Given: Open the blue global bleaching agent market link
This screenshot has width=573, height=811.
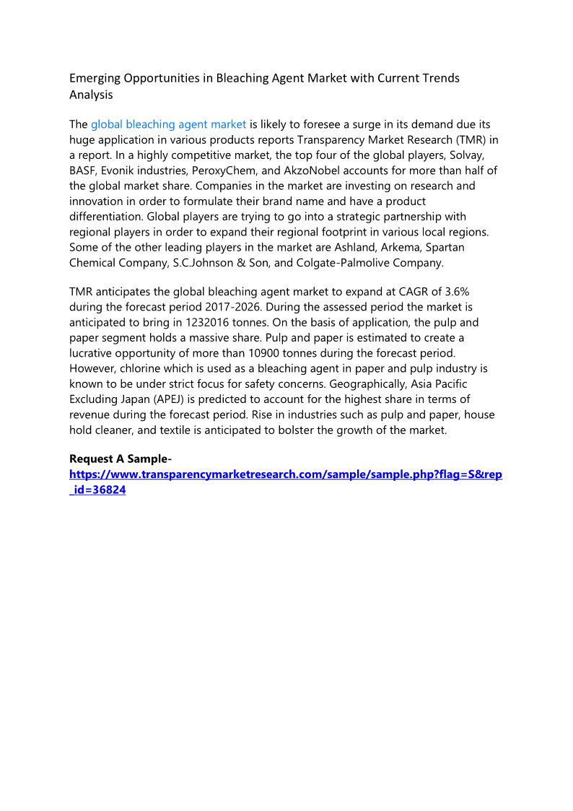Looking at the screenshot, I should [x=169, y=124].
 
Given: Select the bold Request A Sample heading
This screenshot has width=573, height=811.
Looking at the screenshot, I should [x=120, y=459].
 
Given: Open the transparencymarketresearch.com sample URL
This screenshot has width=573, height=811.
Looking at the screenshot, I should [x=285, y=474].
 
